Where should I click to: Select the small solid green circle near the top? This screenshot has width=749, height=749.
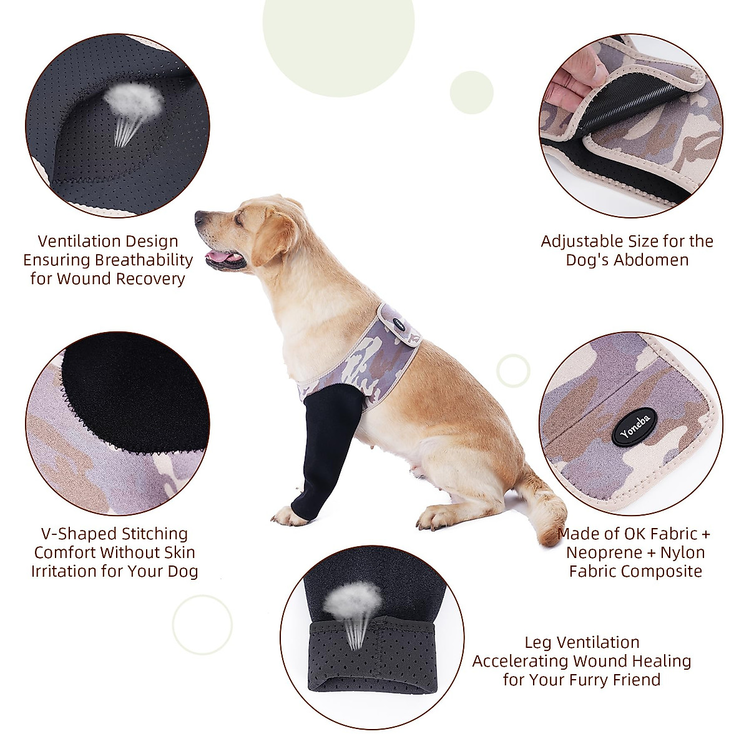click(471, 92)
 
